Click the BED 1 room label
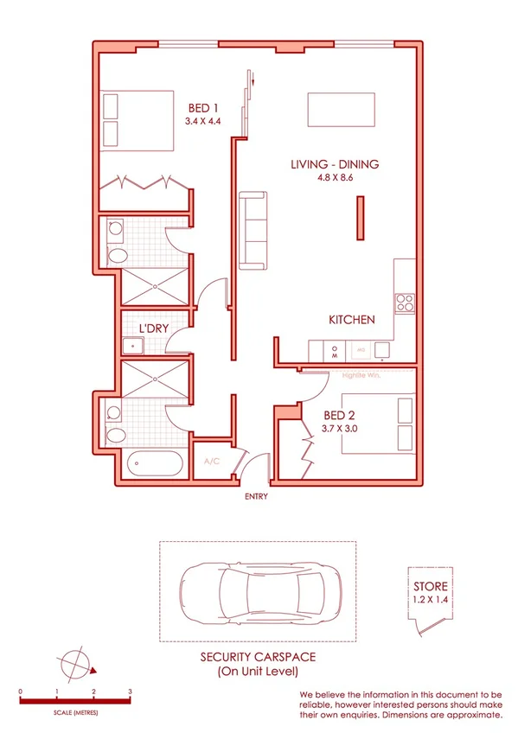point(203,107)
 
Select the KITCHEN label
point(351,320)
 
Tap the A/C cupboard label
point(211,462)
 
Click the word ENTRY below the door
point(257,497)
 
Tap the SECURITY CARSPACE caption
point(257,657)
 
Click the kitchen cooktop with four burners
point(405,303)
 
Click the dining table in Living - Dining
point(342,111)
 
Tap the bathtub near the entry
point(155,465)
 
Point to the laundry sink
point(133,347)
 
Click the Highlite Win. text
point(361,375)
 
